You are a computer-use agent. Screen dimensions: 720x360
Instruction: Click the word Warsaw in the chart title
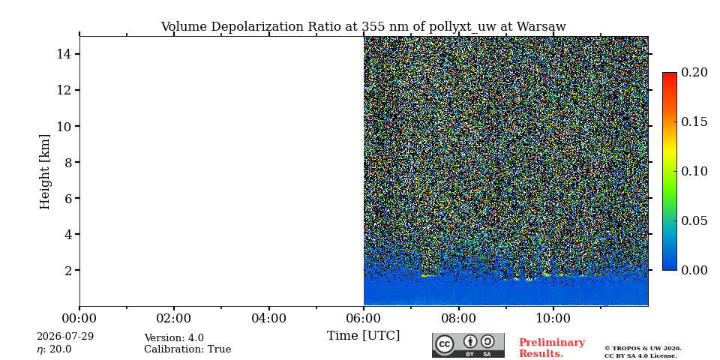click(x=541, y=27)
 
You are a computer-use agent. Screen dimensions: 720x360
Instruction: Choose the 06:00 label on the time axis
click(x=364, y=318)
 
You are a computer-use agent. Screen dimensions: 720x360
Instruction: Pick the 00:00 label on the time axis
click(x=79, y=318)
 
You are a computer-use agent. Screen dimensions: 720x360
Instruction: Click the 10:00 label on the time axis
click(x=553, y=318)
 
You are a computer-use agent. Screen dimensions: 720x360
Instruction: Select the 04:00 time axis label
click(x=268, y=318)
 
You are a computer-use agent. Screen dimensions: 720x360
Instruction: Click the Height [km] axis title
click(x=44, y=172)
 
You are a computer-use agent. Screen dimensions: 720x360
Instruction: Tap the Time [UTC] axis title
click(x=363, y=336)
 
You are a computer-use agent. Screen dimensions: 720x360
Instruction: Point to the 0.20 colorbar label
click(x=694, y=72)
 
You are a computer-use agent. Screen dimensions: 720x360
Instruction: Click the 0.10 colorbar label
click(x=694, y=171)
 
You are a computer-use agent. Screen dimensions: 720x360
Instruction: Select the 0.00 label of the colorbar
click(x=694, y=270)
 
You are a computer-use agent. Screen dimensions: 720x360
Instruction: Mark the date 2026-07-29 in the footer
click(x=65, y=336)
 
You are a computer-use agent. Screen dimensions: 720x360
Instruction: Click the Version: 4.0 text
click(x=174, y=338)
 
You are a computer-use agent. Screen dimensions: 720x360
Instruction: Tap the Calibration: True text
click(x=187, y=349)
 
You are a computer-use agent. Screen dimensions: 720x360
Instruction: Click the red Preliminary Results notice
click(x=552, y=348)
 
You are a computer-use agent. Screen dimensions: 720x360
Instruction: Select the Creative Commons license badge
click(x=468, y=345)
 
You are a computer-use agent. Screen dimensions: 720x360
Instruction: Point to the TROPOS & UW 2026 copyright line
click(x=643, y=349)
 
